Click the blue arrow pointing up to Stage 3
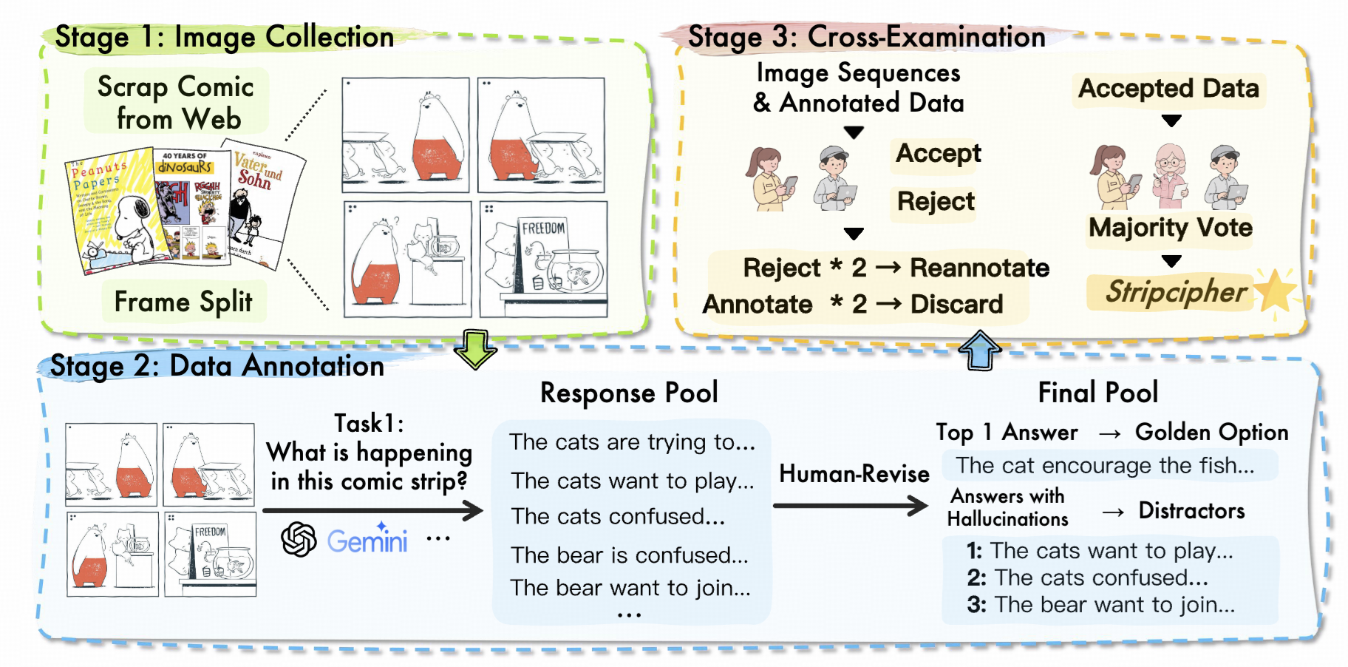pyautogui.click(x=979, y=350)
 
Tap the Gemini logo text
pyautogui.click(x=367, y=541)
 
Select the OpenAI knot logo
pyautogui.click(x=299, y=539)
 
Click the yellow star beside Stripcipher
pyautogui.click(x=1275, y=291)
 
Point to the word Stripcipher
pyautogui.click(x=1176, y=291)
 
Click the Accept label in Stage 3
pyautogui.click(x=938, y=154)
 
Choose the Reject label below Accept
pyautogui.click(x=936, y=201)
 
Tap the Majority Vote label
pyautogui.click(x=1171, y=228)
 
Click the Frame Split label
pyautogui.click(x=183, y=302)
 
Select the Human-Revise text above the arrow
pyautogui.click(x=854, y=474)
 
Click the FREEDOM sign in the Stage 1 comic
pyautogui.click(x=543, y=228)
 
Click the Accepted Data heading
pyautogui.click(x=1168, y=89)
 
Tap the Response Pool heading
pyautogui.click(x=629, y=393)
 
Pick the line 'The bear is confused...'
pyautogui.click(x=630, y=555)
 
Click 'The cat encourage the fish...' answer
pyautogui.click(x=1105, y=466)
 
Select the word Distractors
pyautogui.click(x=1191, y=511)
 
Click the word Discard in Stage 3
pyautogui.click(x=956, y=304)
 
